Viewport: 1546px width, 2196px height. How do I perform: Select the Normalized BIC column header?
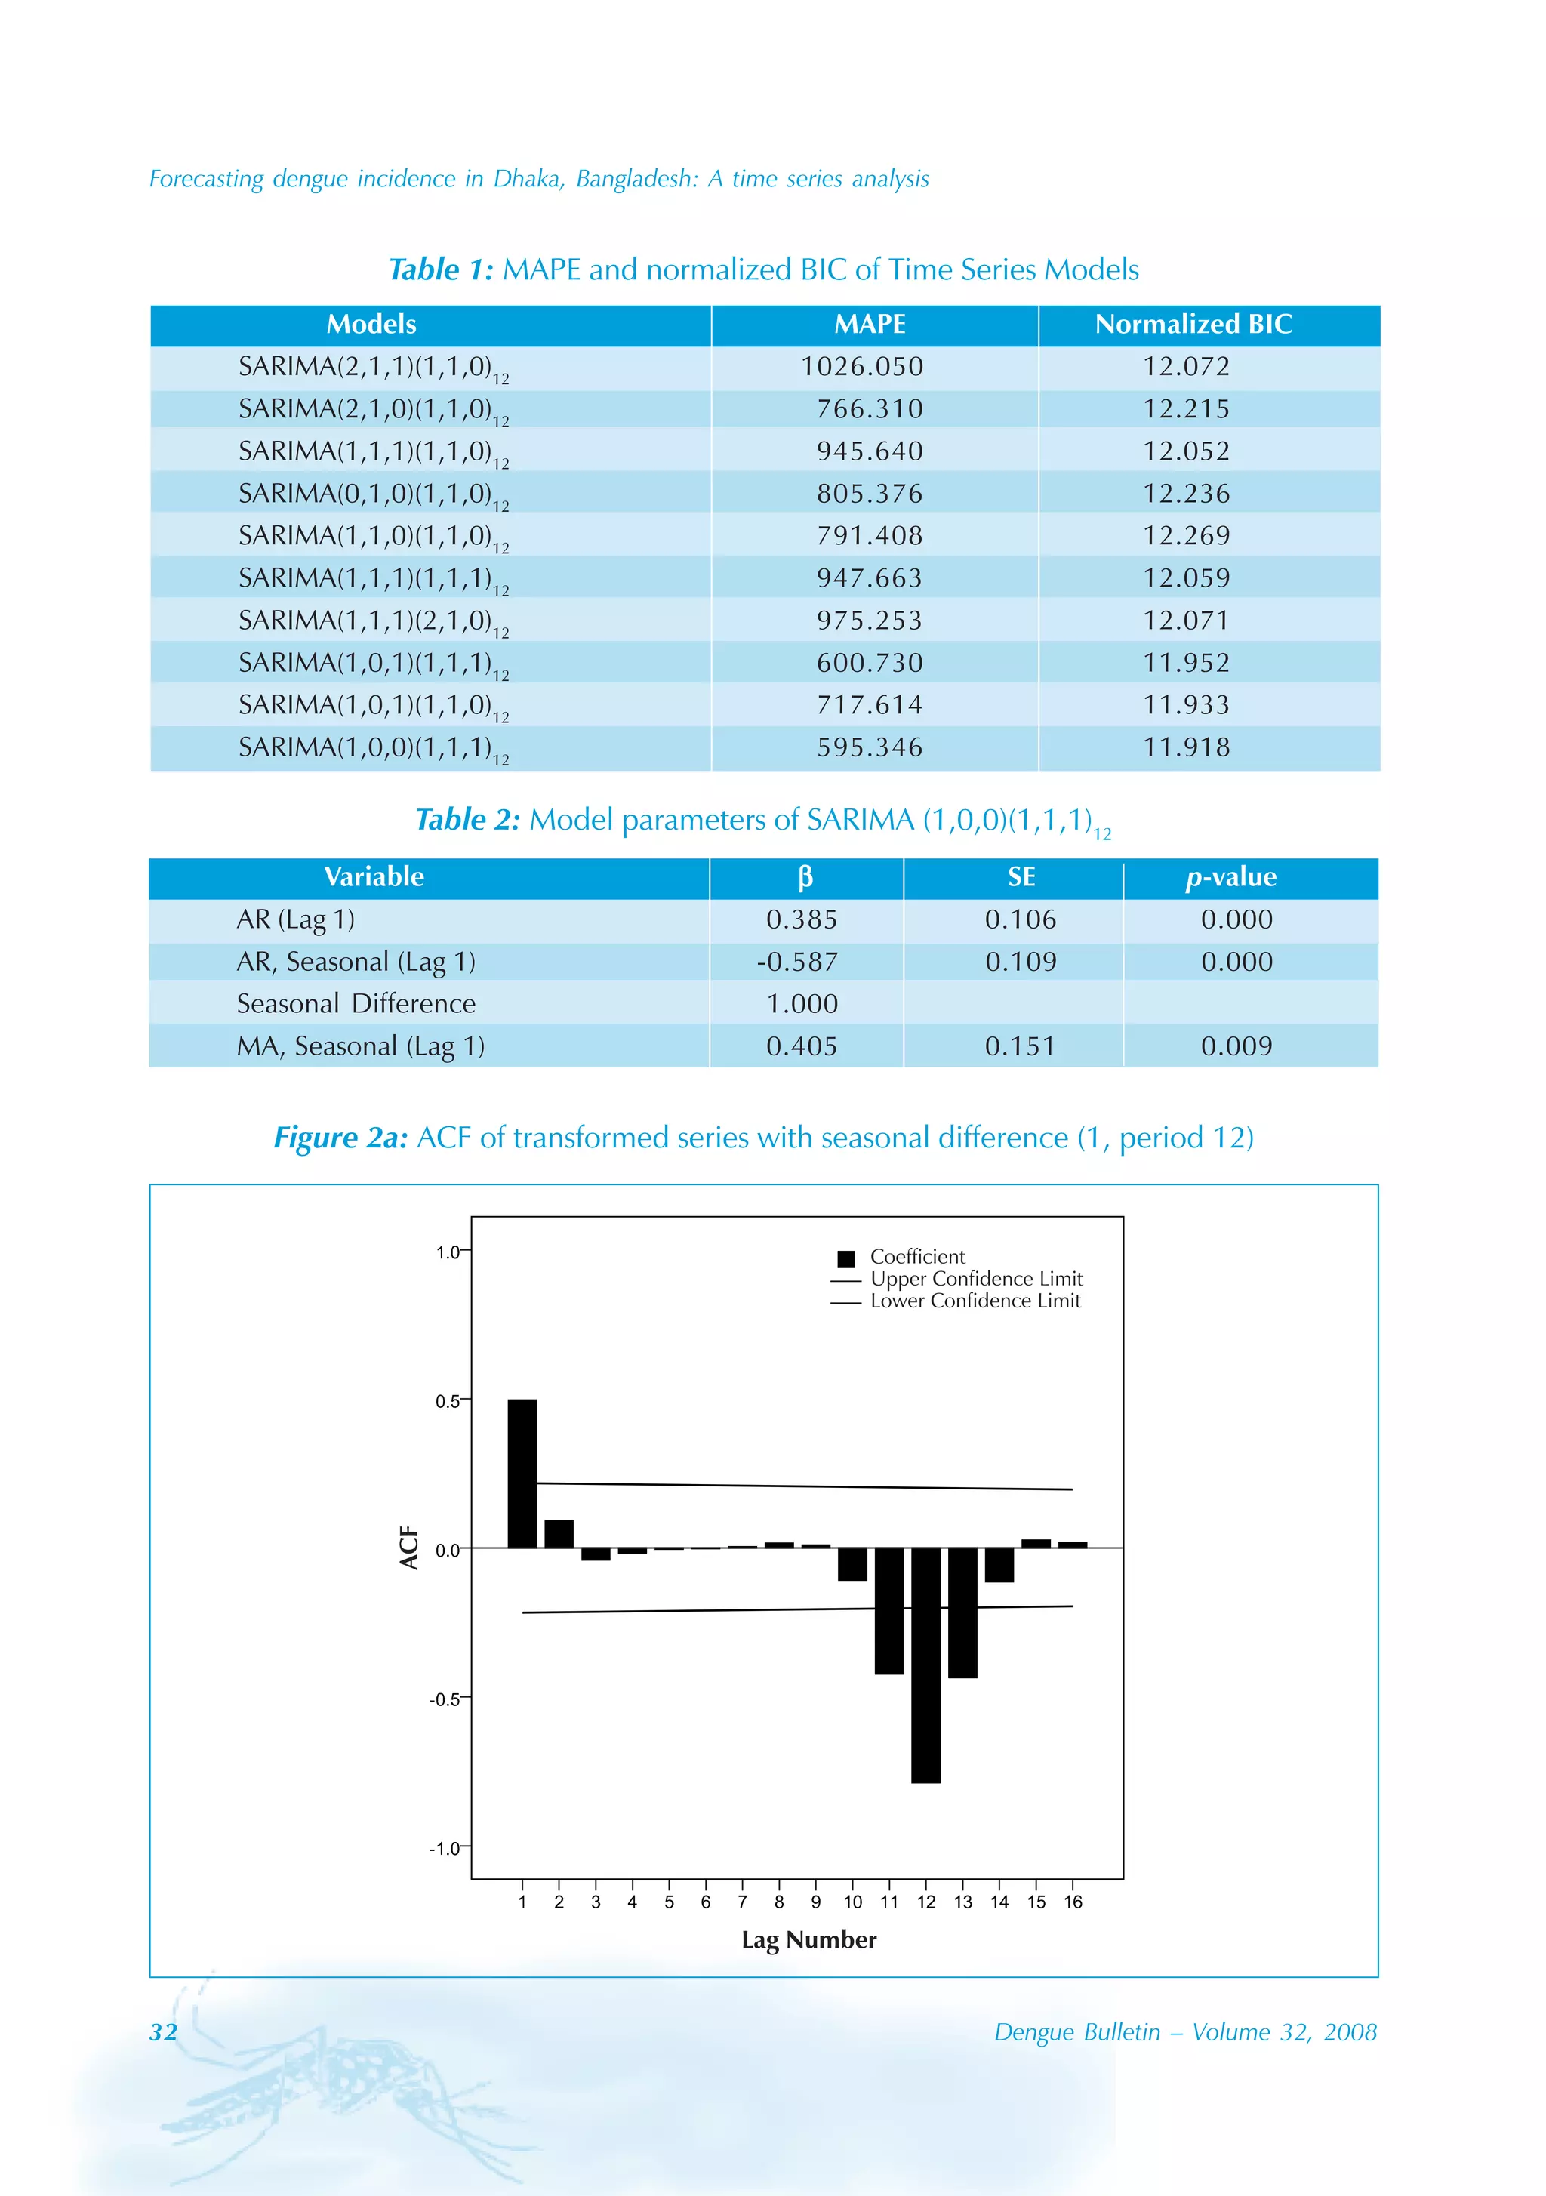(1193, 325)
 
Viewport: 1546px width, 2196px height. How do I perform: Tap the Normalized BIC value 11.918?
(1186, 748)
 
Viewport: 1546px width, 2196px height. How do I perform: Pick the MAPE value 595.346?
(870, 748)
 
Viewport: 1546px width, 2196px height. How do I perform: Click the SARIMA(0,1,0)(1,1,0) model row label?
(373, 494)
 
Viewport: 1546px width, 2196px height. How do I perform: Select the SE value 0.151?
(1020, 1046)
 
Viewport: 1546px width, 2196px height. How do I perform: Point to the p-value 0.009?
(1236, 1046)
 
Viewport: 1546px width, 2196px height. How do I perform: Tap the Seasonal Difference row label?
(356, 1004)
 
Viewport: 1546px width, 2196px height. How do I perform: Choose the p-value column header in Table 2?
(1230, 877)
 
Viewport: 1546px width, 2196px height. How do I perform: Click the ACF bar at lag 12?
(925, 1665)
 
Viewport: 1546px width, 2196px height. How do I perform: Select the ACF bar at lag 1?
(522, 1474)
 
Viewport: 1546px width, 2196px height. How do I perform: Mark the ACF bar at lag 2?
(559, 1534)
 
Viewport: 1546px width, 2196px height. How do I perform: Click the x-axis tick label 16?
(1073, 1902)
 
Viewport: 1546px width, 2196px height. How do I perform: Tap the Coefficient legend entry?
(916, 1257)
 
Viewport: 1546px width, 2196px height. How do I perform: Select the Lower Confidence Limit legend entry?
(974, 1301)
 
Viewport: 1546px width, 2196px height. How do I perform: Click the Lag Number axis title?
(808, 1939)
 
